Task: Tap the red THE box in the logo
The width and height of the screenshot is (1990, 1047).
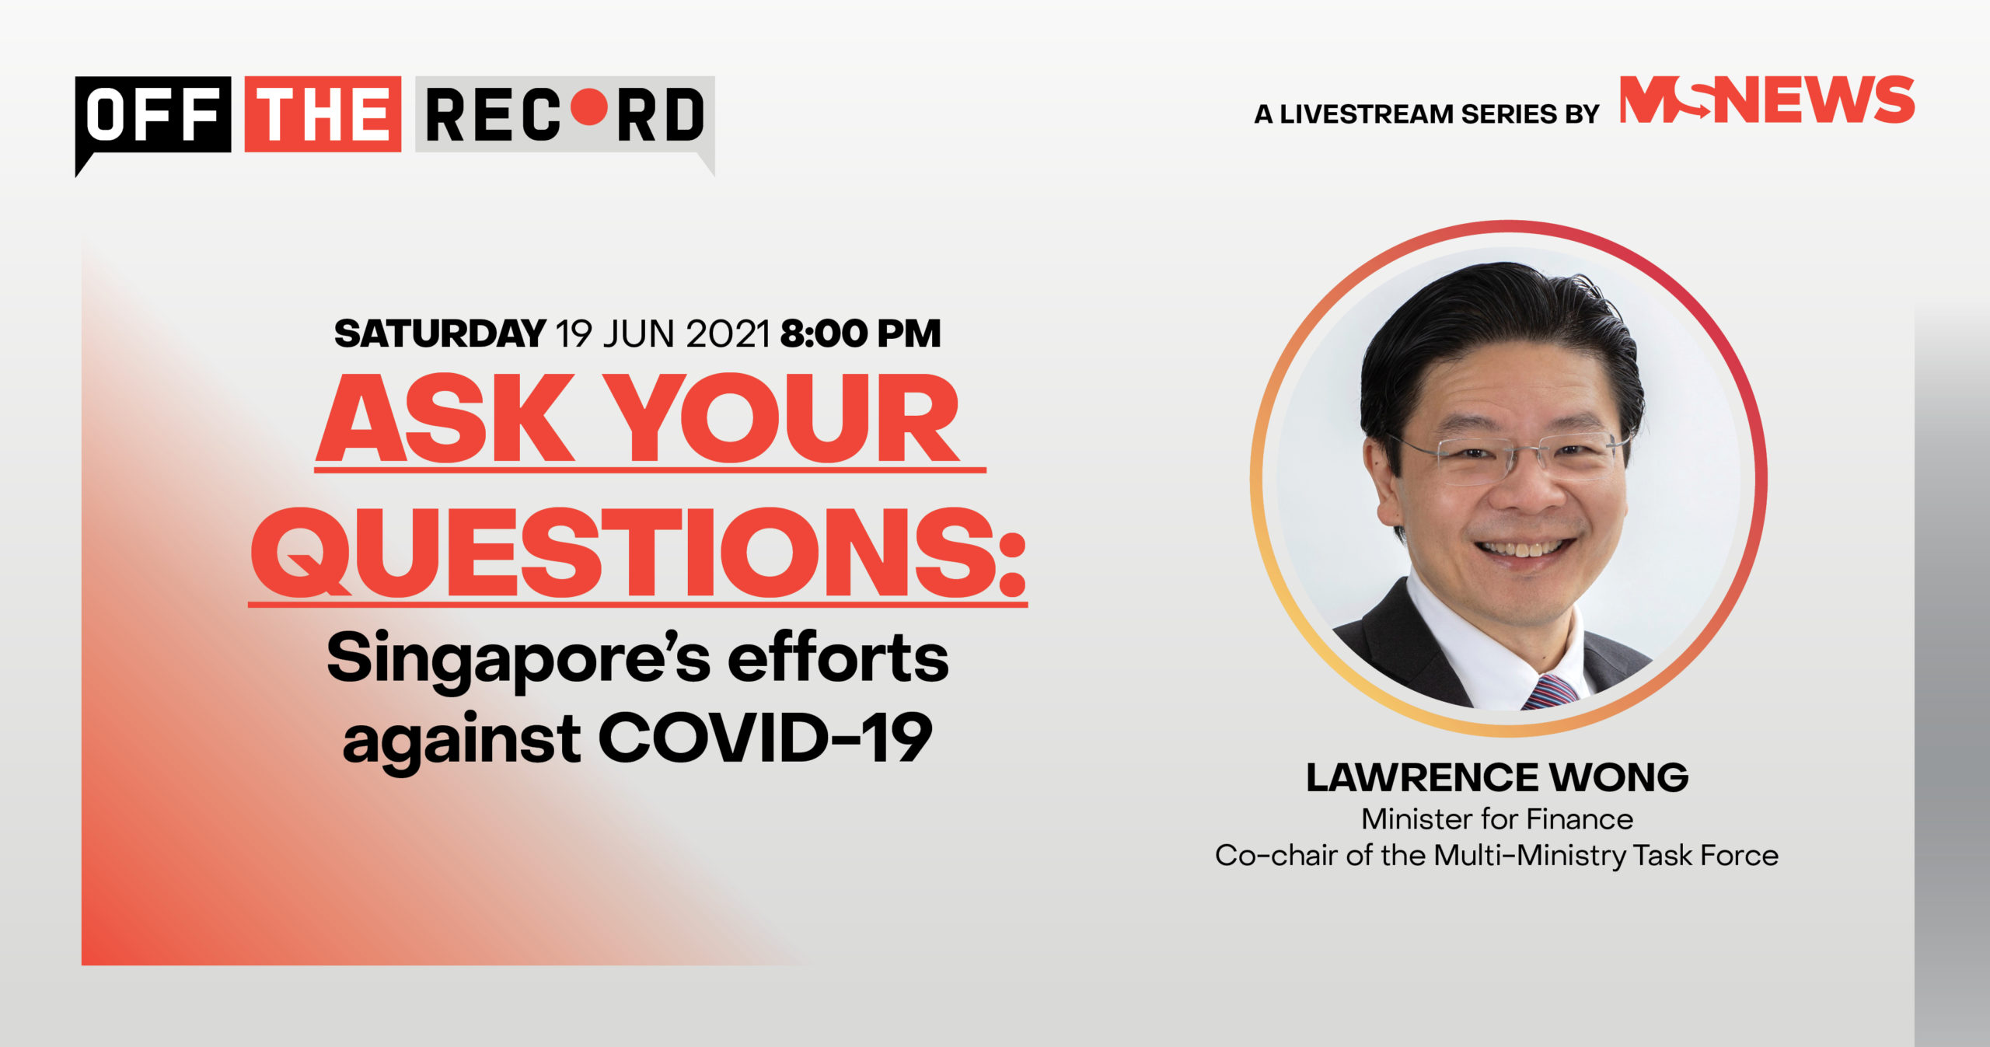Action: coord(323,113)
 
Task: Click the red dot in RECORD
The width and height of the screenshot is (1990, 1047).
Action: coord(588,108)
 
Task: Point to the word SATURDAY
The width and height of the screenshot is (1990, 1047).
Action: coord(440,333)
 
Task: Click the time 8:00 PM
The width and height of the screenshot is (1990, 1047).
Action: coord(861,333)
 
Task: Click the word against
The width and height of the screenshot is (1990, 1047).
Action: coord(462,742)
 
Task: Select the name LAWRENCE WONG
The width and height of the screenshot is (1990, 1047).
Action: coord(1497,777)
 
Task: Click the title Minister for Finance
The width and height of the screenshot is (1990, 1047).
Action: coord(1497,818)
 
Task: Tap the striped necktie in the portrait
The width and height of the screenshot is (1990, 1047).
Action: coord(1549,691)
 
